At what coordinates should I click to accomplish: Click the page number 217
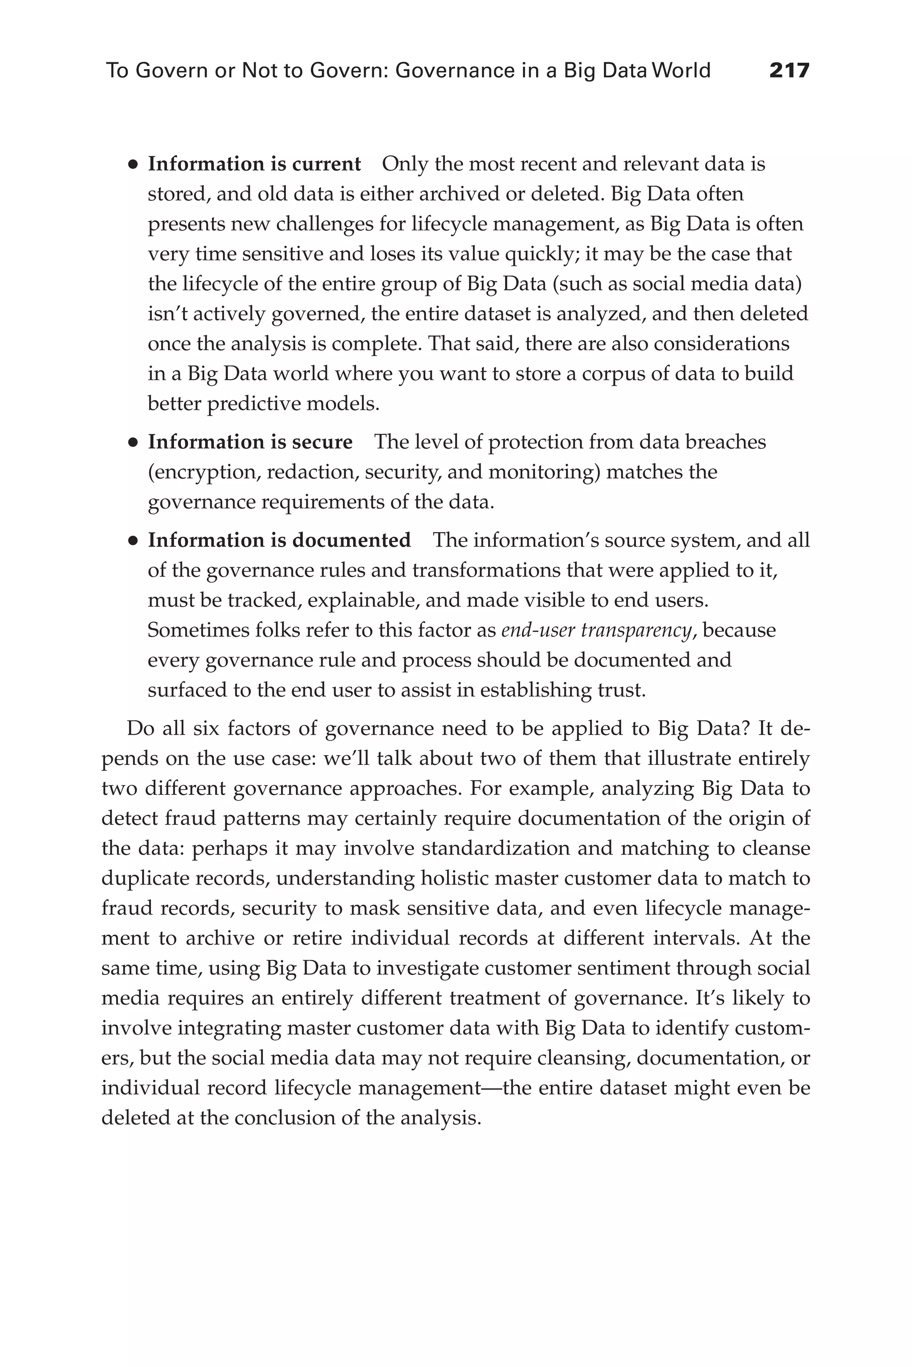pos(789,71)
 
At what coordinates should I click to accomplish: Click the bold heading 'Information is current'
pos(254,165)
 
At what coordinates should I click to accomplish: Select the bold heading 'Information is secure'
pos(250,442)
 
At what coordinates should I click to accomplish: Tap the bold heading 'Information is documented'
pos(279,541)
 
